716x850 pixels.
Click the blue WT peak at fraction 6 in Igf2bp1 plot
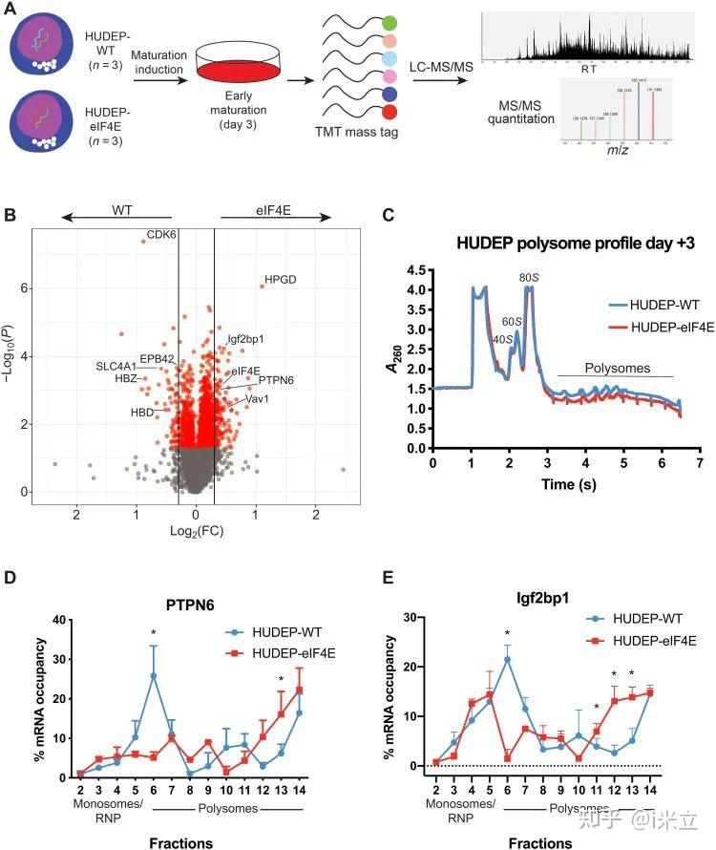[506, 659]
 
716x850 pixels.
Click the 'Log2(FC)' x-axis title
[195, 529]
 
